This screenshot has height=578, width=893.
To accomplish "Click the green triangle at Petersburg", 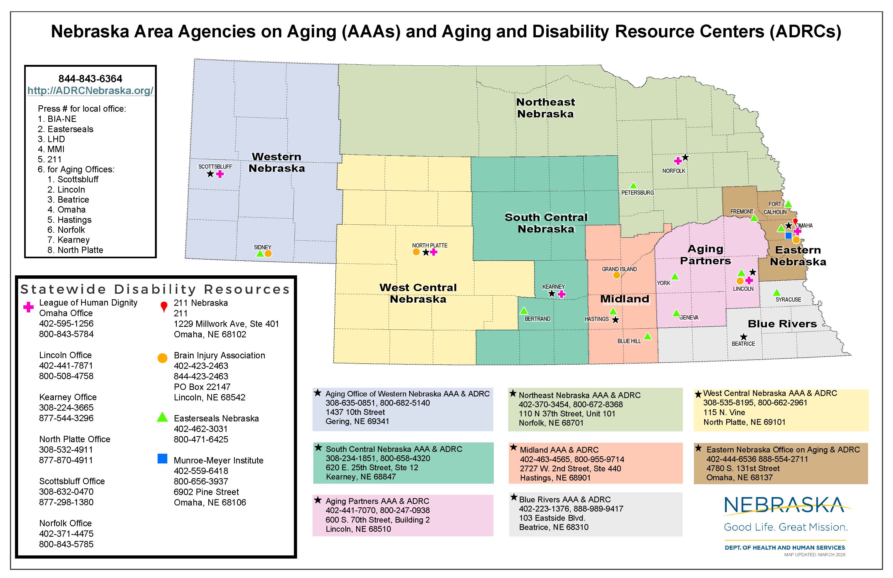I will coord(633,186).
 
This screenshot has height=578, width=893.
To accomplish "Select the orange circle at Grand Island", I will coord(616,275).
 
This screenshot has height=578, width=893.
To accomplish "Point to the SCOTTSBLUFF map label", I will coord(215,167).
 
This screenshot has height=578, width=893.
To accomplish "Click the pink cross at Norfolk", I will coord(678,161).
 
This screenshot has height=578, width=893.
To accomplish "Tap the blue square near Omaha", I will coord(788,236).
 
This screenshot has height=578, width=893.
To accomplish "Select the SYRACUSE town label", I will coord(788,300).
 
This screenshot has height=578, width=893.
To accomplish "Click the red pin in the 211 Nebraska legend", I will coord(164,307).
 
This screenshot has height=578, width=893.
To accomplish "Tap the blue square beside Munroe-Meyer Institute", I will coord(163,459).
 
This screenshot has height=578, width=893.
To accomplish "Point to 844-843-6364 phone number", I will coord(90,79).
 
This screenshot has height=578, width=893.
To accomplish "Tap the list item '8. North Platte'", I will coord(75,250).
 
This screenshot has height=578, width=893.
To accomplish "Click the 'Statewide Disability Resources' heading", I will coord(155,289).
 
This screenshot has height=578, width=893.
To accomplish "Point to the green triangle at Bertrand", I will coord(524,311).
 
